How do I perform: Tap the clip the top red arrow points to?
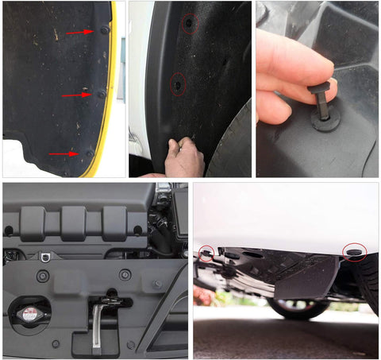pos(105,30)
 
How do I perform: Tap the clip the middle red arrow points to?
pos(101,94)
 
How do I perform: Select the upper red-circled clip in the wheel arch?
pos(189,25)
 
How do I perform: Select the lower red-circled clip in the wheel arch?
pos(177,83)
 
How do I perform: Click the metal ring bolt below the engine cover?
pos(46,256)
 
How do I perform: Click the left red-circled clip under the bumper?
pos(206,254)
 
